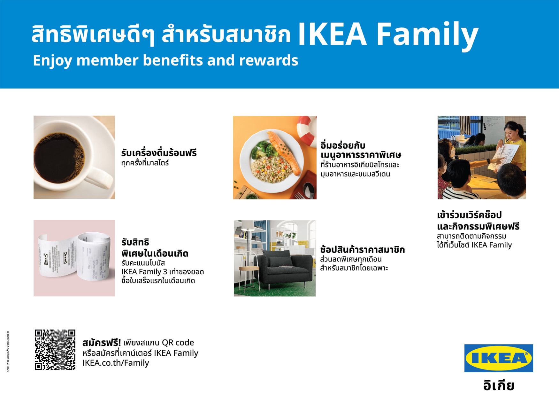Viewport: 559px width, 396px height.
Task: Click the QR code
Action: point(55,350)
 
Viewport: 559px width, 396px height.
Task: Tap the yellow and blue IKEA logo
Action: point(499,358)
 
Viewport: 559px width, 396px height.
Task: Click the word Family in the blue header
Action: point(427,35)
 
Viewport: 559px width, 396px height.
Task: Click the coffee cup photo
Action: point(74,157)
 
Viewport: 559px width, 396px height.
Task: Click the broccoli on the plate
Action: point(263,150)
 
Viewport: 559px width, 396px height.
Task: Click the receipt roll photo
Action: point(74,258)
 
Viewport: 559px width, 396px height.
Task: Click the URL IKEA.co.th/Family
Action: point(116,363)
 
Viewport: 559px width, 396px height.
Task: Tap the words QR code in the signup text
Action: point(178,343)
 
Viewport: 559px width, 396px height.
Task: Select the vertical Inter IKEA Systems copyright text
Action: point(8,352)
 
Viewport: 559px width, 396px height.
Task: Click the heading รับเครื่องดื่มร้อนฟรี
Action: point(159,152)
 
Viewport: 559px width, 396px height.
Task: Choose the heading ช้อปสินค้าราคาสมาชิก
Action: point(362,250)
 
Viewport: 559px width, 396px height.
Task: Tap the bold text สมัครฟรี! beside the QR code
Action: point(102,343)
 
